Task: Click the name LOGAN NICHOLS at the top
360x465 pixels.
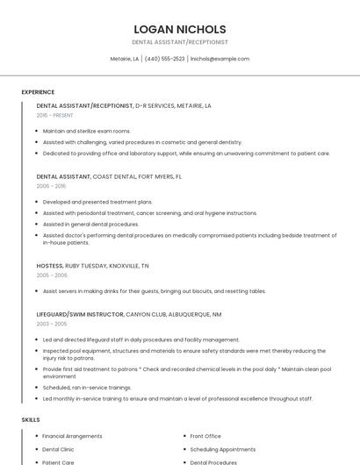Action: (179, 29)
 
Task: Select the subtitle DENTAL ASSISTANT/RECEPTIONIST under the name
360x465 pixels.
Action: (179, 42)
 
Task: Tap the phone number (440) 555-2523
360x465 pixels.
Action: (164, 59)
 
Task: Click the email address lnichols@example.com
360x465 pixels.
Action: (220, 59)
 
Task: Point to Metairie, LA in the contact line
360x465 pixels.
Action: (124, 59)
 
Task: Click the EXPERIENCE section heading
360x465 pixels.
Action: (38, 92)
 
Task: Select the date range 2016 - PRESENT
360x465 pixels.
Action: (54, 115)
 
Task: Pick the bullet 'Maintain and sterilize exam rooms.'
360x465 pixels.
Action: (86, 131)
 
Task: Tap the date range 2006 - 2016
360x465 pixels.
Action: (51, 186)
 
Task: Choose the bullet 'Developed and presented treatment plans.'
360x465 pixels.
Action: (97, 202)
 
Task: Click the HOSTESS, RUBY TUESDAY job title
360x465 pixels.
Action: (92, 265)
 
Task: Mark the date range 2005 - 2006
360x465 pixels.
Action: (51, 275)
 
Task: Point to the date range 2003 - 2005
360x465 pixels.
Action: (51, 324)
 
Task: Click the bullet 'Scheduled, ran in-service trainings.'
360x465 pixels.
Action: (87, 387)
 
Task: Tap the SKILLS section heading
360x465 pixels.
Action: (31, 420)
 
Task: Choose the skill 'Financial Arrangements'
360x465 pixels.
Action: (72, 436)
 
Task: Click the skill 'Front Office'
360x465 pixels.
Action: (205, 436)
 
